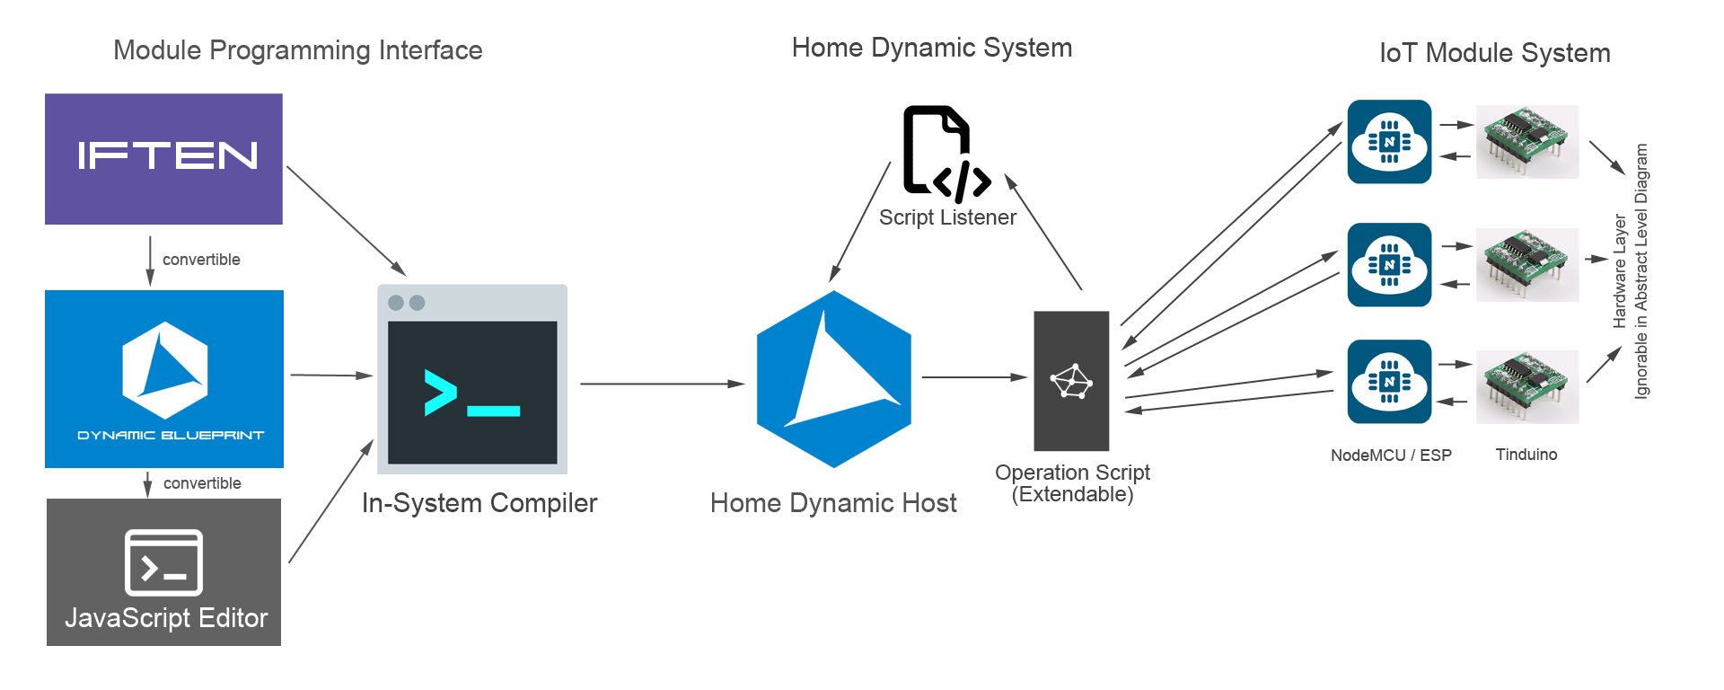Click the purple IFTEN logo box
point(163,159)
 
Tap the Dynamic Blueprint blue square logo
point(164,378)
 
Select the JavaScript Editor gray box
point(163,572)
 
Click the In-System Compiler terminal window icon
point(472,379)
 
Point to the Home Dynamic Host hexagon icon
point(834,378)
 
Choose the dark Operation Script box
point(1071,381)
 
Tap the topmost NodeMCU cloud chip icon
point(1389,142)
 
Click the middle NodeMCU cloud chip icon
point(1389,265)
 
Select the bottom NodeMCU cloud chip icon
point(1389,382)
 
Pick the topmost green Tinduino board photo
point(1527,141)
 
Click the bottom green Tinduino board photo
point(1527,386)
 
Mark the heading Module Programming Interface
point(298,50)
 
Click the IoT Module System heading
point(1494,53)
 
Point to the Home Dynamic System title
point(932,48)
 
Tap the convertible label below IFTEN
point(201,260)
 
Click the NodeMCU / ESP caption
point(1391,456)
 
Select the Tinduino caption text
point(1526,455)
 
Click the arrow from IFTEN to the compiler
point(346,220)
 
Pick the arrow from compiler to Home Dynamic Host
point(662,384)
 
